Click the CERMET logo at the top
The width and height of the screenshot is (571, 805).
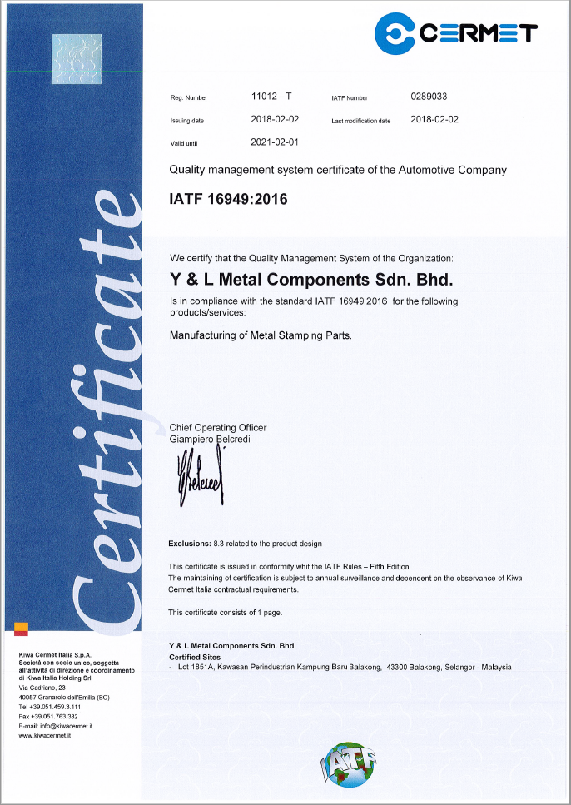[455, 32]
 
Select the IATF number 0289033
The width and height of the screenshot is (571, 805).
[429, 96]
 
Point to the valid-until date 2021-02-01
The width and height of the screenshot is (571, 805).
[275, 142]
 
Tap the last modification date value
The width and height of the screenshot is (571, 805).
[434, 119]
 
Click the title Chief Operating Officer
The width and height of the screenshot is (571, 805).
[218, 427]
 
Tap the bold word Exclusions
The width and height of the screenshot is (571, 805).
[189, 544]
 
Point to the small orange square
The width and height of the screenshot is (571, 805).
[21, 629]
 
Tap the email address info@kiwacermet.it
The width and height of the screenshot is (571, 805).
[66, 726]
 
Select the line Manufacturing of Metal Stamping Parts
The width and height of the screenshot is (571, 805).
[261, 336]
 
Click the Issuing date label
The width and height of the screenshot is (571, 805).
[186, 121]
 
